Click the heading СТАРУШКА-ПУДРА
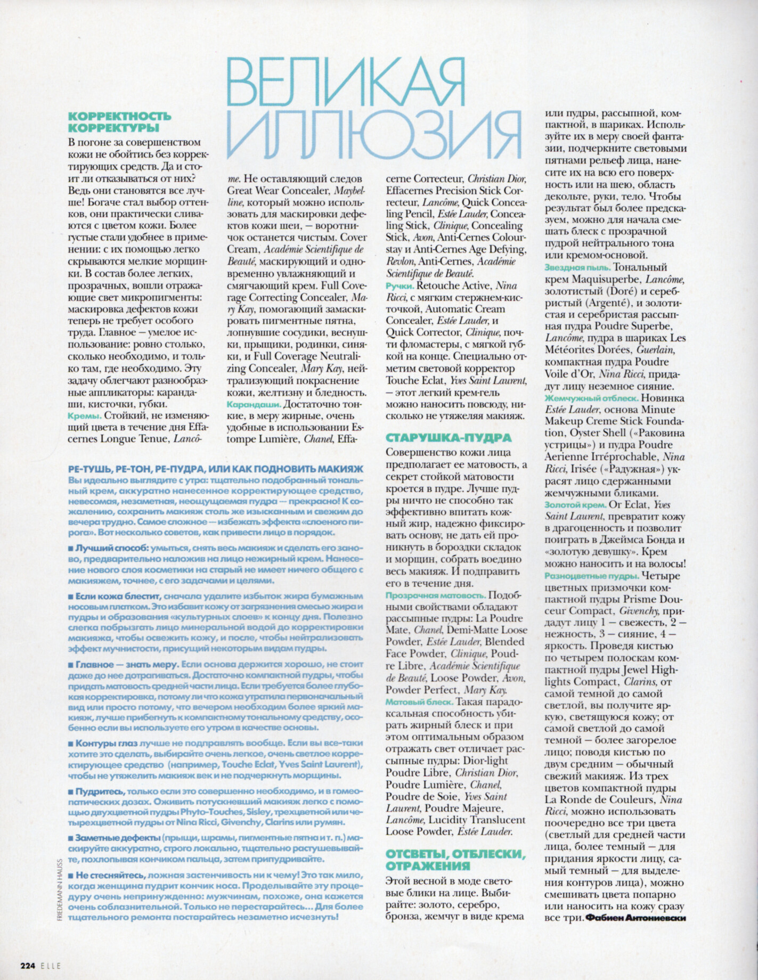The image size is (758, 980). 447,438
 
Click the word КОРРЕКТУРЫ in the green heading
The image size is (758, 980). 115,127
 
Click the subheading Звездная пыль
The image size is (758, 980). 578,267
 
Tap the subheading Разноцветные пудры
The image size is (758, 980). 592,576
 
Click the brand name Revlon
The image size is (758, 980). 400,262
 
